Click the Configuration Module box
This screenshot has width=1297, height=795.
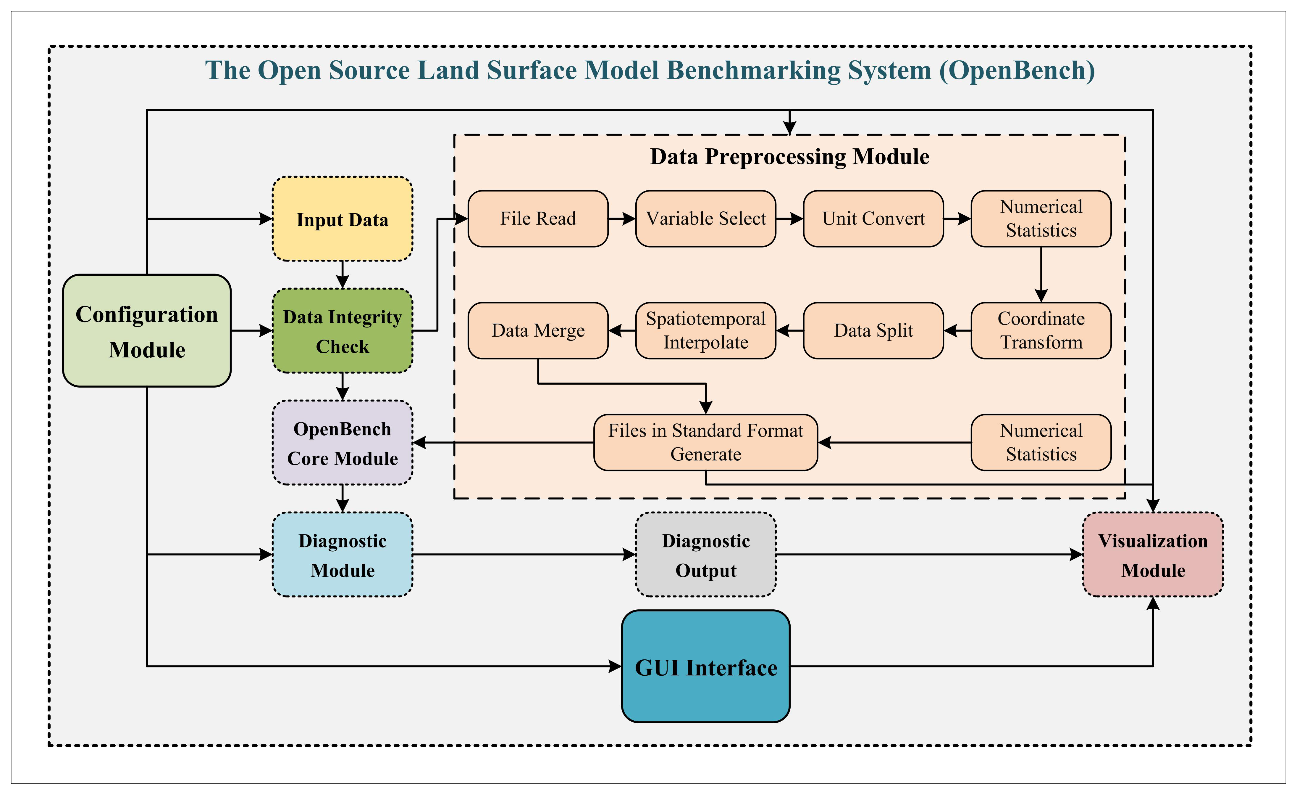click(147, 331)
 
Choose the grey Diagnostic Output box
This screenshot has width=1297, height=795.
click(705, 555)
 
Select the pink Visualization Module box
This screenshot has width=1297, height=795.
click(1153, 555)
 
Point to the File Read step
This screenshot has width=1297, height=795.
click(538, 219)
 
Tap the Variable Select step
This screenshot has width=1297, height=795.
click(705, 219)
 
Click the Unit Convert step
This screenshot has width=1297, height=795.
click(873, 219)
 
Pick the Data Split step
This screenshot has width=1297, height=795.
click(873, 331)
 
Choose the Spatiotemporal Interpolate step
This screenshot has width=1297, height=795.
click(705, 331)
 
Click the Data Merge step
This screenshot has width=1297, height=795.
click(538, 331)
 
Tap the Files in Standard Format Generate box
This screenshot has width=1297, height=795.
click(705, 443)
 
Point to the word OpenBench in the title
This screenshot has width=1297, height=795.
click(1016, 70)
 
